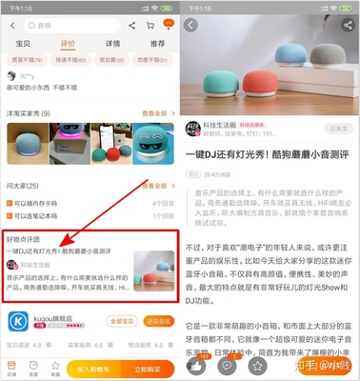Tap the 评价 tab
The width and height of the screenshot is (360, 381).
click(x=68, y=44)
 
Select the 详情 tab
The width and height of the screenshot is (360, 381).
click(x=112, y=44)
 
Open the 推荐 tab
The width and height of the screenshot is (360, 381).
click(x=157, y=44)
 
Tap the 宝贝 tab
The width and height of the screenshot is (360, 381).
click(x=24, y=44)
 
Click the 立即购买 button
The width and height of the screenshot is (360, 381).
click(x=146, y=367)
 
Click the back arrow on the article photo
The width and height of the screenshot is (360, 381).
click(x=191, y=25)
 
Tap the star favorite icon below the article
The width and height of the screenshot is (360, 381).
click(x=256, y=364)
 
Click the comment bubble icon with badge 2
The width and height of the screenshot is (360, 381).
click(x=227, y=364)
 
